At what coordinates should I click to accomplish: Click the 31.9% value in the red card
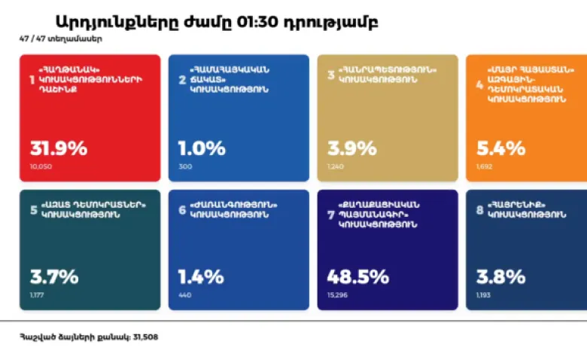click(x=58, y=148)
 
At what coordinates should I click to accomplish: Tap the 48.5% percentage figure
click(x=357, y=276)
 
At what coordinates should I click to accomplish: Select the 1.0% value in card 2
click(x=201, y=148)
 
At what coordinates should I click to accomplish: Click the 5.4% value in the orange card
click(x=500, y=148)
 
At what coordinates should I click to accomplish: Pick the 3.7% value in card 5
click(x=53, y=276)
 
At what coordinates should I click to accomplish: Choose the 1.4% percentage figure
click(x=200, y=276)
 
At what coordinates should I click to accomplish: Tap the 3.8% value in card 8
click(x=500, y=276)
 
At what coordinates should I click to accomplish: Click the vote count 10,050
click(x=41, y=166)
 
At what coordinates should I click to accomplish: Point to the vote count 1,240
click(x=335, y=166)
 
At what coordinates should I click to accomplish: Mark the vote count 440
click(x=185, y=294)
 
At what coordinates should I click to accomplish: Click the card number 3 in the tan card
click(x=330, y=74)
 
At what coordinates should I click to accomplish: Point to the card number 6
click(x=181, y=209)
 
